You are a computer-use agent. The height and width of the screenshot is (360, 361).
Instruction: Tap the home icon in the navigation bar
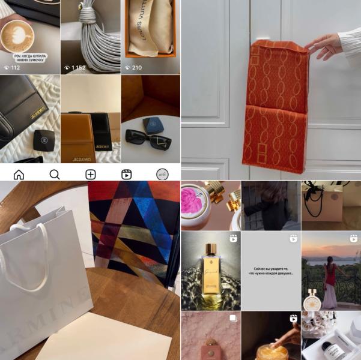pyautogui.click(x=19, y=175)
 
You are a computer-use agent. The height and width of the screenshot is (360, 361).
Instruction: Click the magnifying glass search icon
pyautogui.click(x=55, y=175)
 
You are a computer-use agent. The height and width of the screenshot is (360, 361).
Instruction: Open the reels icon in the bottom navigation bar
pyautogui.click(x=127, y=175)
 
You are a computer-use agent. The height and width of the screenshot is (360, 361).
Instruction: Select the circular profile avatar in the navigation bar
pyautogui.click(x=162, y=175)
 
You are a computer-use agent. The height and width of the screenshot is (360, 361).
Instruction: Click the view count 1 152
pyautogui.click(x=82, y=68)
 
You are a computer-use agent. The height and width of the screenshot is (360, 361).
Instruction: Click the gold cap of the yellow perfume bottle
pyautogui.click(x=211, y=249)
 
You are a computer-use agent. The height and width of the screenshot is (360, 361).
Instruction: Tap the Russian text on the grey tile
pyautogui.click(x=271, y=274)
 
